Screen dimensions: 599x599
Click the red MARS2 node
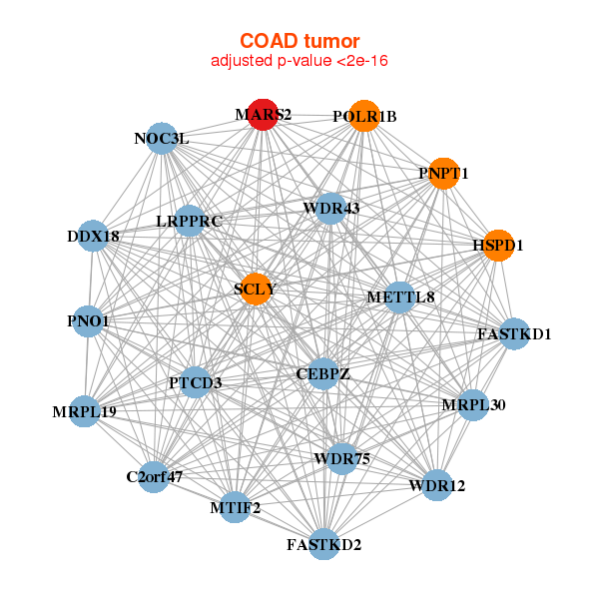[x=263, y=115]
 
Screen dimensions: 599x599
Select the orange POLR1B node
[x=365, y=116]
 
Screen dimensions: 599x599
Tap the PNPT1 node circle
[x=443, y=173]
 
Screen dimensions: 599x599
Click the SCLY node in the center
[x=256, y=289]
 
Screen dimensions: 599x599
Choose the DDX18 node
[x=93, y=236]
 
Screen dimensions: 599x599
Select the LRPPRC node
[x=189, y=220]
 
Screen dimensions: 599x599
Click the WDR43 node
[x=331, y=208]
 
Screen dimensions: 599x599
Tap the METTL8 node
[x=400, y=297]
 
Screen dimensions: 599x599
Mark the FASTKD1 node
[x=514, y=332]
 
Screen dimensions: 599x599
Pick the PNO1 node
[x=88, y=320]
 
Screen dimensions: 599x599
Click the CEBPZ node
[x=322, y=374]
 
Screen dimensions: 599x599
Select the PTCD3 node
[x=195, y=381]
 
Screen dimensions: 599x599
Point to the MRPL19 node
[x=85, y=410]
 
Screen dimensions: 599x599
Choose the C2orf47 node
[x=155, y=476]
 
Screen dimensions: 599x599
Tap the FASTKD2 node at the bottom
[x=323, y=544]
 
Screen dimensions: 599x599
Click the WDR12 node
[x=436, y=486]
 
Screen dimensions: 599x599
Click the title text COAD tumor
[x=299, y=40]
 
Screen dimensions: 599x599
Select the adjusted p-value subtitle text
[x=299, y=61]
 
